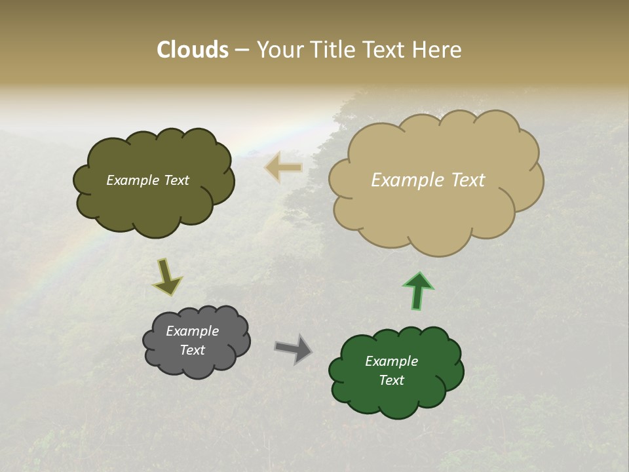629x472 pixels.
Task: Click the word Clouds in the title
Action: [x=193, y=50]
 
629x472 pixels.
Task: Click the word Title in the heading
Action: [x=333, y=50]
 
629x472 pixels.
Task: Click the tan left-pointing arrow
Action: [x=284, y=168]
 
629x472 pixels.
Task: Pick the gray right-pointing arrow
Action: [x=294, y=349]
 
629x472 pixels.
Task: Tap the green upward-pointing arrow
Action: [x=418, y=290]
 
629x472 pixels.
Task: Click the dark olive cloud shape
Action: [x=154, y=203]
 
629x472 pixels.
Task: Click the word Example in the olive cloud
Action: [x=133, y=180]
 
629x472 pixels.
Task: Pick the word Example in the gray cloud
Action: [x=192, y=331]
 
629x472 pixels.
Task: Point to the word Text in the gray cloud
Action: [x=192, y=350]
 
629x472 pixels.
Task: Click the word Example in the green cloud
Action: [x=391, y=361]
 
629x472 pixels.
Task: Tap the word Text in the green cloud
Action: [x=391, y=380]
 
